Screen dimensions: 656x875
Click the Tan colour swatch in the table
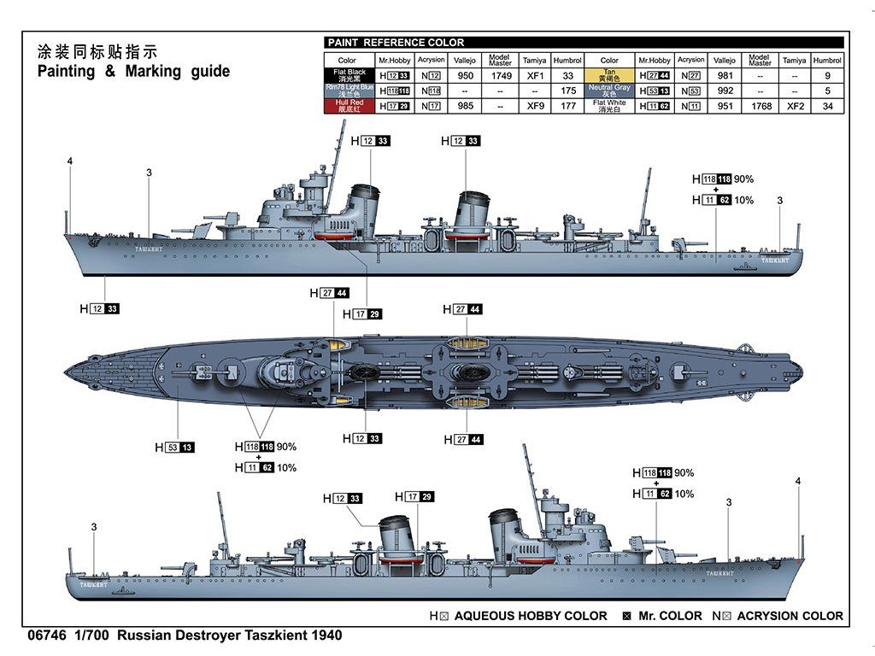(609, 74)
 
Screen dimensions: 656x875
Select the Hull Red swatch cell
(347, 106)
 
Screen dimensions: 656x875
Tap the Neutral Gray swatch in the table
(609, 90)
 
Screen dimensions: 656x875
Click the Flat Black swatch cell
(347, 74)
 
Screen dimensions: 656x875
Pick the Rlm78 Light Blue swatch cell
(347, 90)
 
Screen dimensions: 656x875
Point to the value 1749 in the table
(500, 75)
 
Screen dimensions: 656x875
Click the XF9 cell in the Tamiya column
(535, 106)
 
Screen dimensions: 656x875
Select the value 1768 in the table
(760, 106)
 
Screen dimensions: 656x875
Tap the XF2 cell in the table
(795, 106)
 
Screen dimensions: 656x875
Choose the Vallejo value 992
(725, 91)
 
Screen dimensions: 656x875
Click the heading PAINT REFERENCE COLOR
(396, 43)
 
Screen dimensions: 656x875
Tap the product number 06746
(48, 635)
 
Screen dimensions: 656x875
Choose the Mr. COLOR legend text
(669, 616)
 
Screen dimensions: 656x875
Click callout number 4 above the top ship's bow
(70, 161)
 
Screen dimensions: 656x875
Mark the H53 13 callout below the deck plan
(174, 447)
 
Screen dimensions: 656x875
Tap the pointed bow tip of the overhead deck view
(67, 371)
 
